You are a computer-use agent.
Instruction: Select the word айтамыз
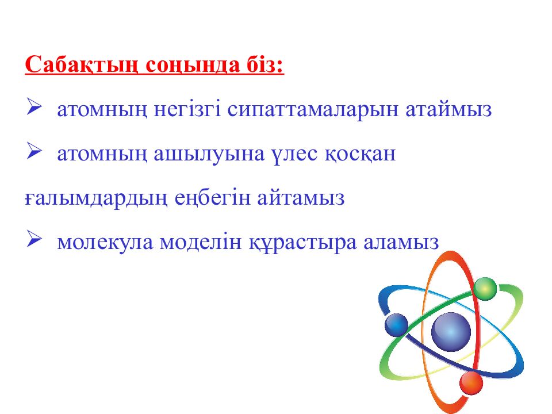pos(301,198)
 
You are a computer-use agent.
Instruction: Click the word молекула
pos(105,242)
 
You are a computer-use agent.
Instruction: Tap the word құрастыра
pos(302,242)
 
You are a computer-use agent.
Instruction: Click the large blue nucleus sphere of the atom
pos(451,332)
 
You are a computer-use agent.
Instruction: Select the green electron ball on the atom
pos(485,288)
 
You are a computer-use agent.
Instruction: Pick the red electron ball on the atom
pos(471,382)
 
